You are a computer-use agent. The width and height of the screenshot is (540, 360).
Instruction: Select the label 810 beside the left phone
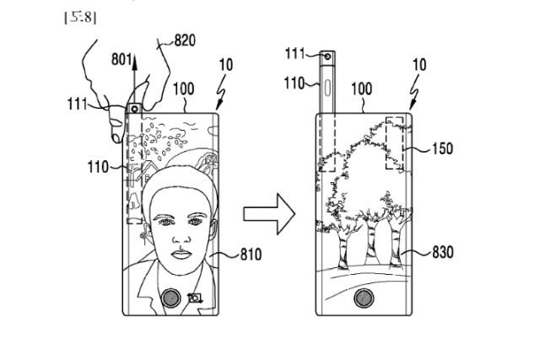point(250,253)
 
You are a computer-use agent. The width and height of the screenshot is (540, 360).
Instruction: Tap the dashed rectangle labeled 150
point(398,141)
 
